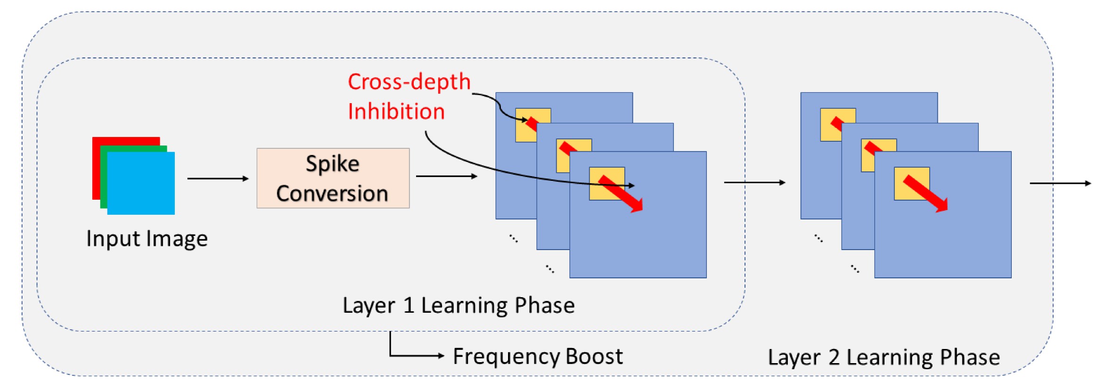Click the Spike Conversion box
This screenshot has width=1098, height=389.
coord(333,178)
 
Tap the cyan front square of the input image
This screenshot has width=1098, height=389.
coord(141,183)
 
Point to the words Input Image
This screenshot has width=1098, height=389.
coord(147,239)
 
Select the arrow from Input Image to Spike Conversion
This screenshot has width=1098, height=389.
coord(217,178)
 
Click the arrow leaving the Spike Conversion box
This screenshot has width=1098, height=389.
coord(446,176)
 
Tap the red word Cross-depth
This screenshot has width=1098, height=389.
coord(409,82)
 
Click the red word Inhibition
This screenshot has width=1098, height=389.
coord(396,112)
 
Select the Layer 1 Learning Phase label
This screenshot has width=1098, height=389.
coord(458,305)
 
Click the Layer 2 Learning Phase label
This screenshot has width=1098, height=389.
coord(884,357)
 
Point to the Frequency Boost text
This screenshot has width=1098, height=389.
coord(537,357)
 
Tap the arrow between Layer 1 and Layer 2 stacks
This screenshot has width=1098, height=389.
coord(754,182)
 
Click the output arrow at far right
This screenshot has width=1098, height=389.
coord(1060,183)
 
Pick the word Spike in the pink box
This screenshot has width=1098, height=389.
coord(332,163)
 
